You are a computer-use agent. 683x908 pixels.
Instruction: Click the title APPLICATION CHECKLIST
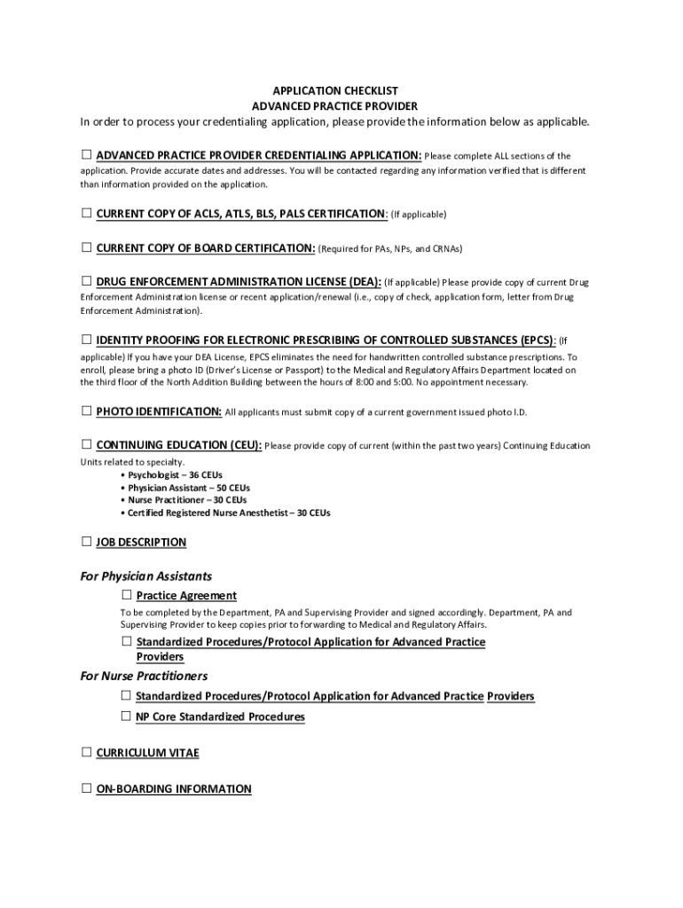point(335,90)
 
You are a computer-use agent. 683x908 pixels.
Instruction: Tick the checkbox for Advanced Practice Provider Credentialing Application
point(86,155)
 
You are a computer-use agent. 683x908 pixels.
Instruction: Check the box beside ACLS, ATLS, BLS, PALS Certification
point(86,213)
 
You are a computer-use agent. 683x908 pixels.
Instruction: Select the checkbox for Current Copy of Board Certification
point(86,247)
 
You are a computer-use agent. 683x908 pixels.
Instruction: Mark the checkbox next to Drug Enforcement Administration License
point(86,281)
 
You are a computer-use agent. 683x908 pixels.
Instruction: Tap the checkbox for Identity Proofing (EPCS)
point(86,339)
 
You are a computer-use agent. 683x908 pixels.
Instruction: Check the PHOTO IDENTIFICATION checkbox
point(86,411)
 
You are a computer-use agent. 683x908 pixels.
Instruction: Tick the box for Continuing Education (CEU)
point(86,444)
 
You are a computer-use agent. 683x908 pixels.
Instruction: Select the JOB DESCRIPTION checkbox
point(86,541)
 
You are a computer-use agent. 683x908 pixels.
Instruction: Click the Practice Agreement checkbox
point(127,594)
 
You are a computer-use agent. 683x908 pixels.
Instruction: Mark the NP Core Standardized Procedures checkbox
point(127,716)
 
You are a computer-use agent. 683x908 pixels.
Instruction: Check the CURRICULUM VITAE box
point(86,752)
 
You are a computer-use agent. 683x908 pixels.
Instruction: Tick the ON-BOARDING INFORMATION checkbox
point(86,788)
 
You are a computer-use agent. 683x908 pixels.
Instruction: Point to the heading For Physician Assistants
point(146,576)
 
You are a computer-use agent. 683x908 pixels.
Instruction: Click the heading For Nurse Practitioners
point(144,677)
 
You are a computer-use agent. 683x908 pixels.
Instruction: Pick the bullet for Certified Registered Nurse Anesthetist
point(229,513)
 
